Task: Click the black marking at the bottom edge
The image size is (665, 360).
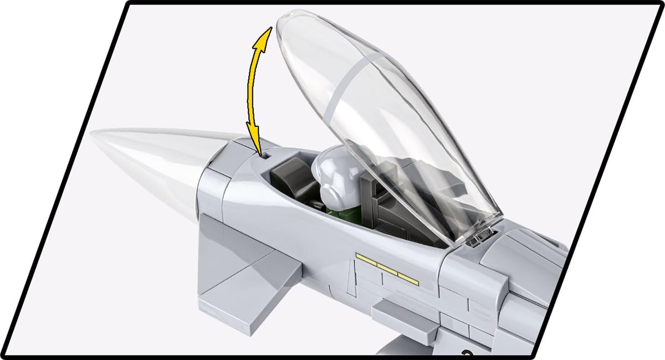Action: click(x=466, y=351)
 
